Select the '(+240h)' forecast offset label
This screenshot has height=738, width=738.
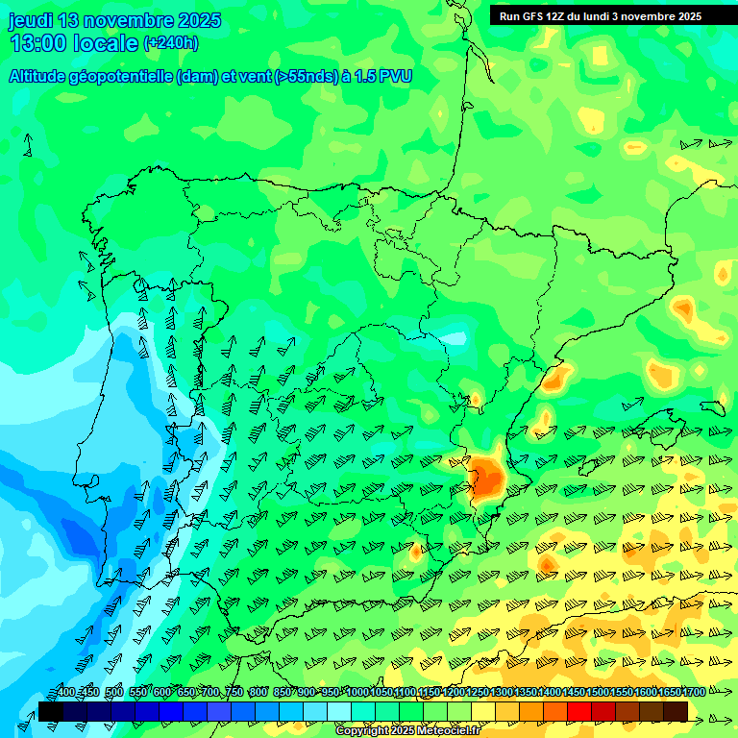click(x=171, y=42)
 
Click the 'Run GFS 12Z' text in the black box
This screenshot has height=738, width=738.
click(x=533, y=16)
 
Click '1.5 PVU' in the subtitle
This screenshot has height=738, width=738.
click(x=384, y=77)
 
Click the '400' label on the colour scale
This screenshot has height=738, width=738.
click(x=65, y=693)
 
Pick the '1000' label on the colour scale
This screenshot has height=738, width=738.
click(x=357, y=693)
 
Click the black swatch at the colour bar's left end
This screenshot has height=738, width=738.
click(x=50, y=711)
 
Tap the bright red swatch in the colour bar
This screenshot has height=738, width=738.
click(x=579, y=711)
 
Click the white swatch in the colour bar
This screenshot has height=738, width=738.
click(x=339, y=711)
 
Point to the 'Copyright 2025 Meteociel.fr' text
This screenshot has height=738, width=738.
click(x=407, y=731)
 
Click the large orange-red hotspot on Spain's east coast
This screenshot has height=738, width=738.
click(x=486, y=476)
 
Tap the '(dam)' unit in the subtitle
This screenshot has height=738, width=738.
click(x=198, y=77)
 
